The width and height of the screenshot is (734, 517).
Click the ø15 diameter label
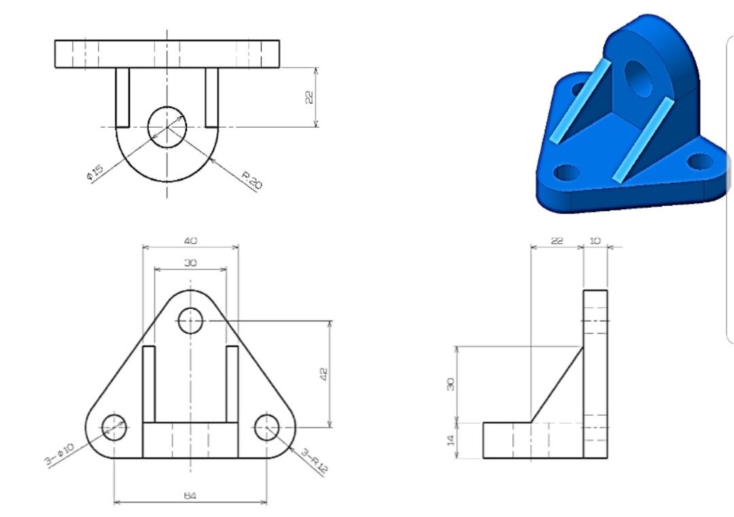pos(94,173)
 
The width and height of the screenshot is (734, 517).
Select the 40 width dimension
pos(190,241)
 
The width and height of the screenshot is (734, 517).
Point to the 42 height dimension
pos(324,374)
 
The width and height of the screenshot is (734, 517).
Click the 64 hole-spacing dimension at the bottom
pos(190,496)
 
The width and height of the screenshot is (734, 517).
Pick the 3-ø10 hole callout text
pos(59,454)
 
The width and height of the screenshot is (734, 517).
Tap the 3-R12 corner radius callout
pos(314,461)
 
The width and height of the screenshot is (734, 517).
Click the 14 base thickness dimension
pos(450,440)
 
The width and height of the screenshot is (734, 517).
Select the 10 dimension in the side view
pos(595,240)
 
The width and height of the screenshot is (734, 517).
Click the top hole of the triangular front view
pos(190,321)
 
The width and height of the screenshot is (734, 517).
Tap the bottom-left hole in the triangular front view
pos(113,427)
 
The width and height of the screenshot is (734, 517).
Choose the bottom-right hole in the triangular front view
pos(267,427)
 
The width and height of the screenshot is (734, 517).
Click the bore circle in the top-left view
pos(167,126)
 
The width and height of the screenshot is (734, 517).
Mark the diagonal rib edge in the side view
pos(557,385)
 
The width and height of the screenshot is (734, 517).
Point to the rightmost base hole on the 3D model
pos(699,162)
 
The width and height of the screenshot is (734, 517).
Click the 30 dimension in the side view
pos(450,384)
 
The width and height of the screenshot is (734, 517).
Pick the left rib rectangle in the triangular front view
pos(149,384)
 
